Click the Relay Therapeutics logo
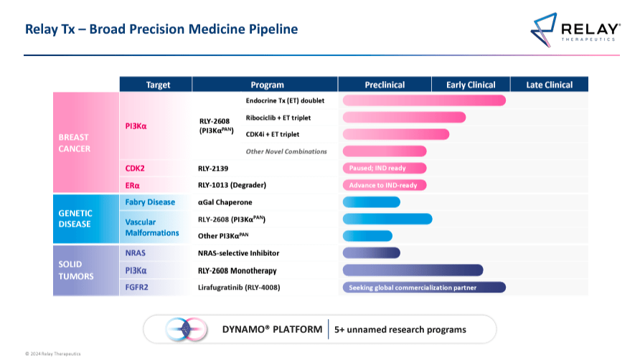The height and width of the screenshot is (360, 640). point(575,29)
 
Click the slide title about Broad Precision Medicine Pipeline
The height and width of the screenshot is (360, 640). point(161,29)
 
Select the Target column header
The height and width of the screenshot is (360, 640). point(158,85)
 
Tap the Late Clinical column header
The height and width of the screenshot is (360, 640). point(549,85)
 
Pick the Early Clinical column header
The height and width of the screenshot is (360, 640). point(471,85)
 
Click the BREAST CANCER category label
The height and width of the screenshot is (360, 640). point(75,142)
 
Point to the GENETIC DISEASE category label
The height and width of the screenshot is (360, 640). point(75,218)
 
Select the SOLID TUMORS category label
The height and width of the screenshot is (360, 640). point(75,270)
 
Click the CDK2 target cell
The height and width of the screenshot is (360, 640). point(137,169)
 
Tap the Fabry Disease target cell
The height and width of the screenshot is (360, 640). point(150,202)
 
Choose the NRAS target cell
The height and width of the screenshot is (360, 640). point(136,253)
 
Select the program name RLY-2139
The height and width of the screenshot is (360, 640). point(213,169)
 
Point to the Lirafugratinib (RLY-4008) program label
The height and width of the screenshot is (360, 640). point(239,288)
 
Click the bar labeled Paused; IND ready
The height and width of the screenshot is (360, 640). point(385,169)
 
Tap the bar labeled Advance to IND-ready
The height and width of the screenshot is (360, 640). point(385,185)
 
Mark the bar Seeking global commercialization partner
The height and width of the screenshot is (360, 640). point(424,288)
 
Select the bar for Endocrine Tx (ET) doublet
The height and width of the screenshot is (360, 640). point(424,100)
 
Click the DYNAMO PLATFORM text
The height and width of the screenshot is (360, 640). point(272,329)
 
